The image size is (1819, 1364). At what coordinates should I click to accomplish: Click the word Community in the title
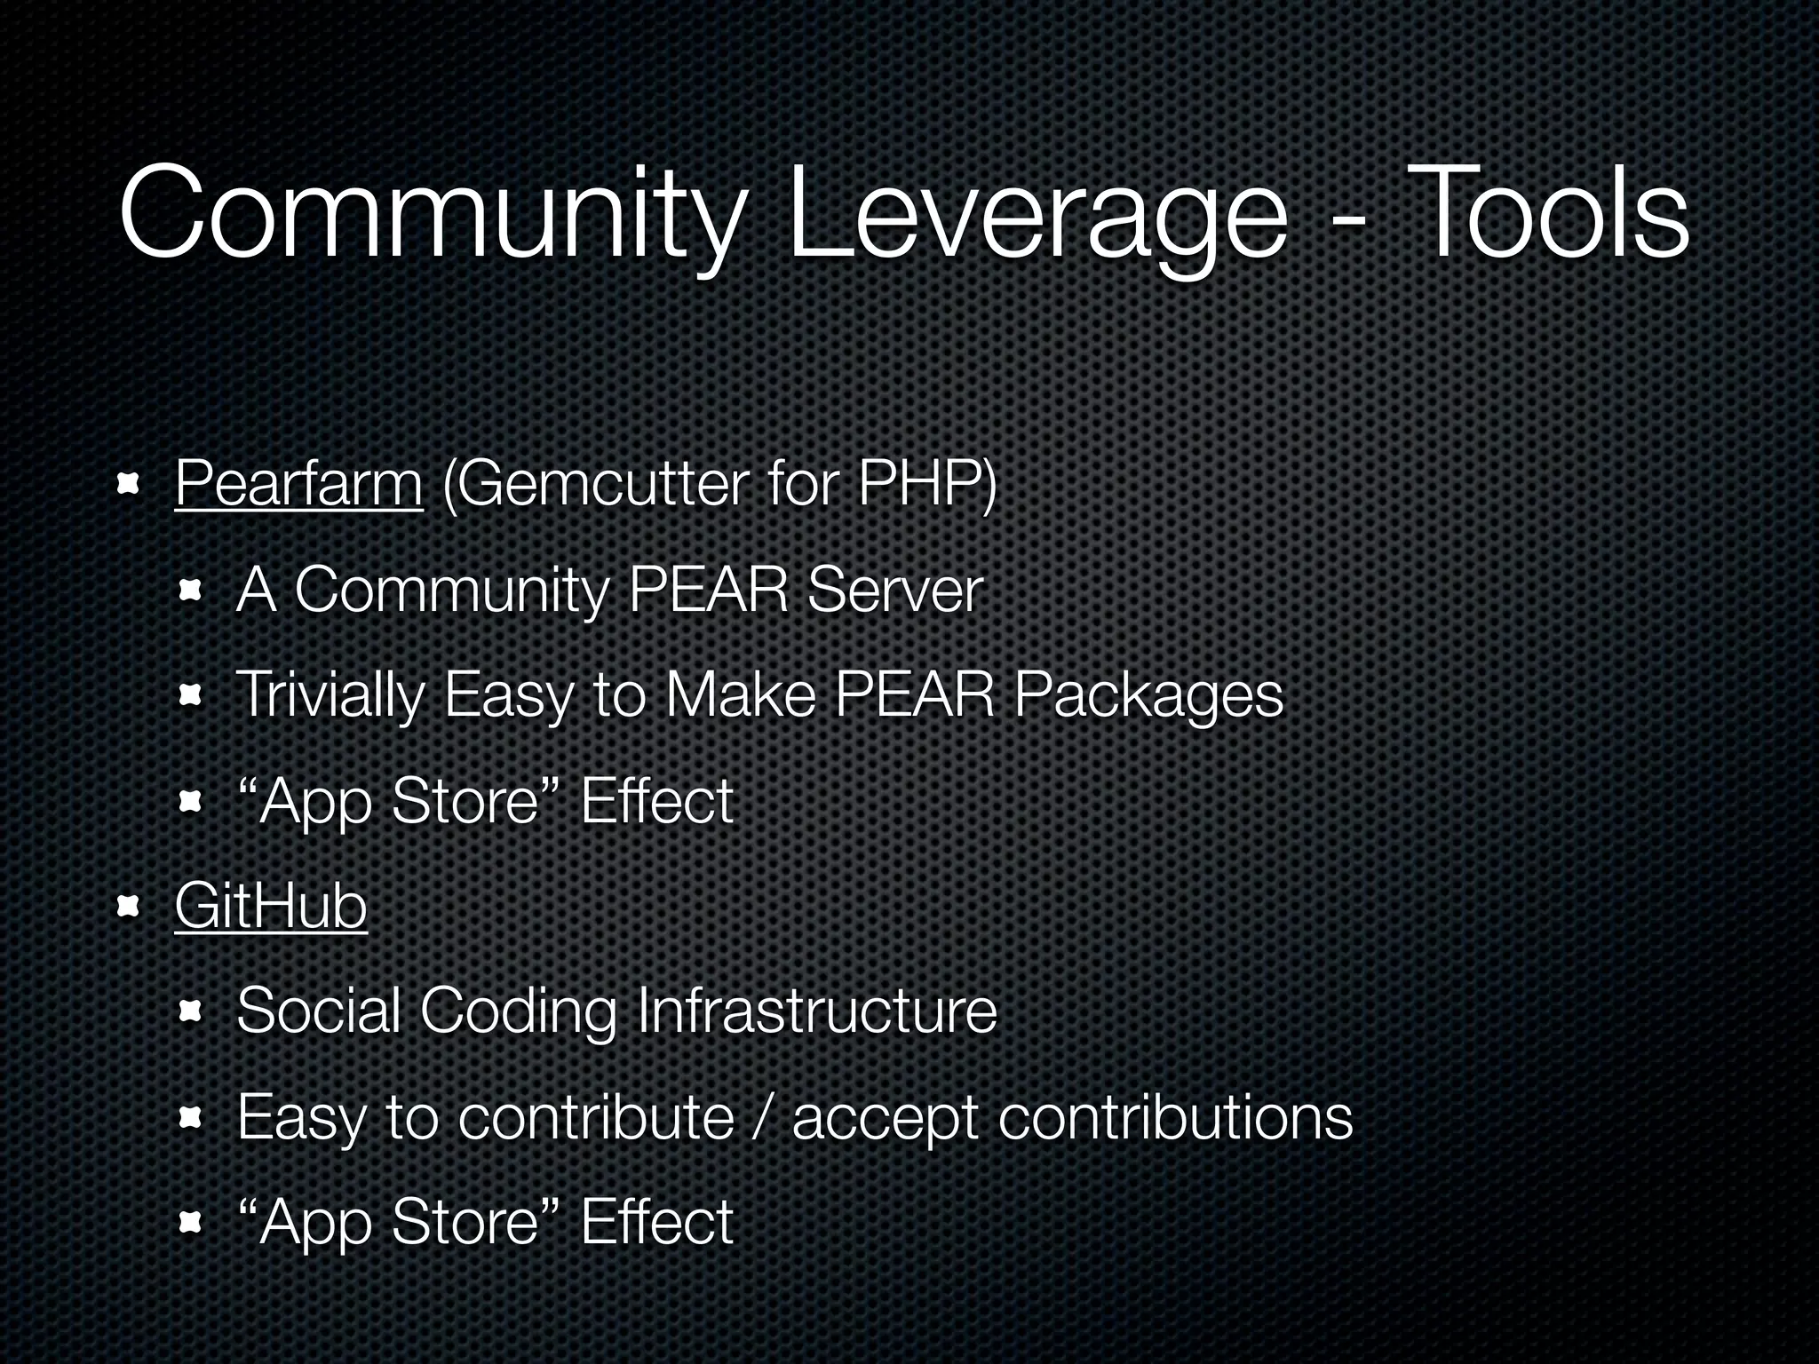point(426,218)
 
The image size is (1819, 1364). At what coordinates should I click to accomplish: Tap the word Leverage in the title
point(1036,218)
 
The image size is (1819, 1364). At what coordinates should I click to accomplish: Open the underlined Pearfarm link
point(298,485)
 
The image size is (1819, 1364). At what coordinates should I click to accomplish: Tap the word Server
point(895,590)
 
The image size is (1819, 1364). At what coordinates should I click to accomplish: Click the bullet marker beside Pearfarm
point(131,485)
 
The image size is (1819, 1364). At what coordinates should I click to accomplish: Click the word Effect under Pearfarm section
point(656,801)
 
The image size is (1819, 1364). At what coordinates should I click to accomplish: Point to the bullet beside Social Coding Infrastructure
point(191,1011)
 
